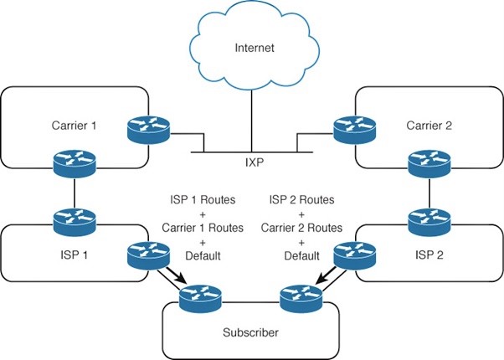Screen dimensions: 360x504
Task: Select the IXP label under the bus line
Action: point(252,160)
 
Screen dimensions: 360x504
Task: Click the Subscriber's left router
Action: point(203,296)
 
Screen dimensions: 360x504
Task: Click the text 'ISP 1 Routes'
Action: point(198,202)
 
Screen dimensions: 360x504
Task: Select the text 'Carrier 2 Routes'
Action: point(302,229)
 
